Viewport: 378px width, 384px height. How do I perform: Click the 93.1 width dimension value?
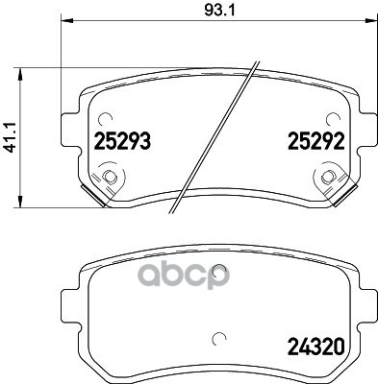tap(219, 11)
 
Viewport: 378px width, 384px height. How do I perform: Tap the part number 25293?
tap(122, 141)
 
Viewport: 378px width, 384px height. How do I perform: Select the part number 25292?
tap(316, 141)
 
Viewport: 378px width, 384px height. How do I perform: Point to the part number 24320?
tap(316, 347)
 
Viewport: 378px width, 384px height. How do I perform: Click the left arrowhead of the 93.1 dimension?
tap(67, 20)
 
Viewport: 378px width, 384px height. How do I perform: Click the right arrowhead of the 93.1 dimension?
tap(371, 20)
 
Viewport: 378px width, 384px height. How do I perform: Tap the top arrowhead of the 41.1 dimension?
tap(20, 74)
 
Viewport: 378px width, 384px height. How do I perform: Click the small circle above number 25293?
tap(105, 120)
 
